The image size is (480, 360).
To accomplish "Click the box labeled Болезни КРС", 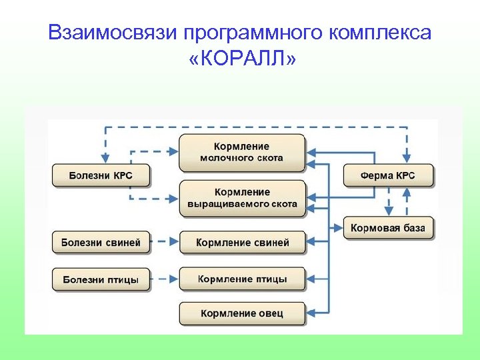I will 101,176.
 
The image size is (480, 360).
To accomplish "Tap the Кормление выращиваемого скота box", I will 242,198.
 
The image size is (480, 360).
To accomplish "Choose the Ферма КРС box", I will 388,176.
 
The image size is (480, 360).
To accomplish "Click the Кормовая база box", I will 388,228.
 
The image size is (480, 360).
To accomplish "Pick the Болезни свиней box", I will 101,243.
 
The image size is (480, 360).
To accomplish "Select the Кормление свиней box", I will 242,243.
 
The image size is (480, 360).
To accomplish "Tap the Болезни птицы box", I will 101,279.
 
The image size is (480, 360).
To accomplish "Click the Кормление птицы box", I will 242,279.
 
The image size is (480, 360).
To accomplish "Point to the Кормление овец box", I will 242,313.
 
